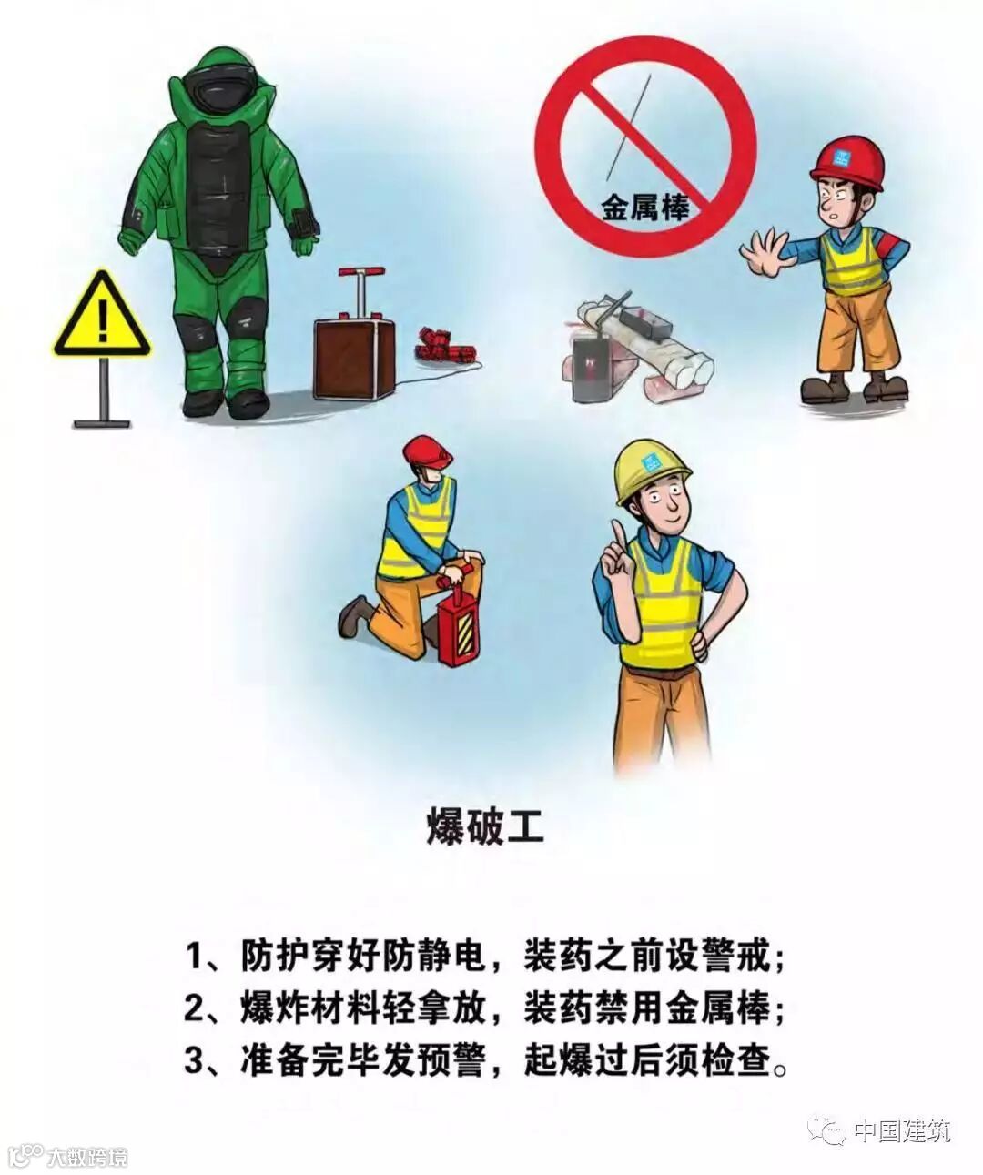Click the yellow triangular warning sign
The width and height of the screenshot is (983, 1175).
[x=102, y=318]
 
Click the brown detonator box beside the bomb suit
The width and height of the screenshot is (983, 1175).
[x=354, y=358]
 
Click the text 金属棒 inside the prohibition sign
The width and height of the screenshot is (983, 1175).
[x=644, y=208]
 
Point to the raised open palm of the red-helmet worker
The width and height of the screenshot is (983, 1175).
[x=765, y=252]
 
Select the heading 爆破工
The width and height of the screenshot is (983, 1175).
[x=485, y=829]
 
